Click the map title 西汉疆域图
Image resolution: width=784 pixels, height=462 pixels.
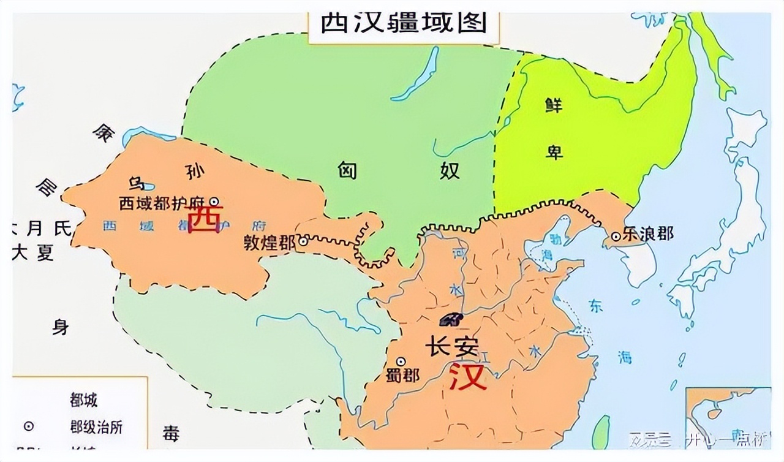[404, 23]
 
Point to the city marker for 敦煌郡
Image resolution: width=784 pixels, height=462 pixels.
[301, 243]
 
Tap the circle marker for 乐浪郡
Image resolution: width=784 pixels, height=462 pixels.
[616, 236]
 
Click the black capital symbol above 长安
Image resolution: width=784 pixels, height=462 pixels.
[452, 320]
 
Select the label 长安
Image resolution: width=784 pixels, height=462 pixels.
[451, 347]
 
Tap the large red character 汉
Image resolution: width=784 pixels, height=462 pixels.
[469, 376]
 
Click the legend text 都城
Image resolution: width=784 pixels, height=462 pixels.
[84, 401]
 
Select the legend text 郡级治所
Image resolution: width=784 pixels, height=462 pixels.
[96, 426]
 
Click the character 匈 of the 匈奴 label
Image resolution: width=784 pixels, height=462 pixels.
[347, 171]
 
